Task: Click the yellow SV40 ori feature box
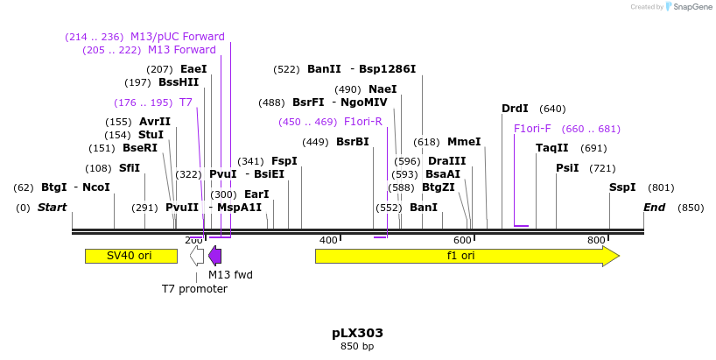[x=130, y=256]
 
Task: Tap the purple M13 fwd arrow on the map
[x=214, y=256]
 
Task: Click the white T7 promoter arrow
[x=197, y=256]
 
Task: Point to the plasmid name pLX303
[x=357, y=333]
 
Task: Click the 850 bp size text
[x=357, y=347]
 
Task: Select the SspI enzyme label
[x=623, y=187]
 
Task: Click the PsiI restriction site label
[x=567, y=167]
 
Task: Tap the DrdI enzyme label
[x=515, y=109]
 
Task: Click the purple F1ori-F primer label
[x=532, y=129]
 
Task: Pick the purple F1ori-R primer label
[x=363, y=122]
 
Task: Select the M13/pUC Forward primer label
[x=178, y=37]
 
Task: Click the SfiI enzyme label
[x=130, y=168]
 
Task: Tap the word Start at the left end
[x=52, y=208]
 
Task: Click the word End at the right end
[x=654, y=208]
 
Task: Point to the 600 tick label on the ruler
[x=462, y=240]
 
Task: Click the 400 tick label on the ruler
[x=328, y=240]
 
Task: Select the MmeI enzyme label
[x=464, y=142]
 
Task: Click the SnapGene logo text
[x=692, y=7]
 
